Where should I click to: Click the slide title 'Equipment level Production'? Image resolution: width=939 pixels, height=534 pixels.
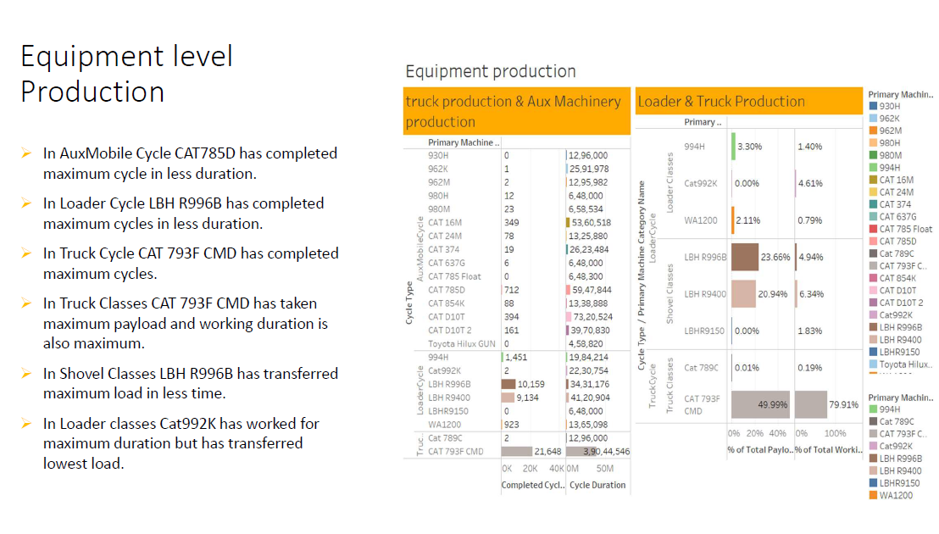(x=126, y=74)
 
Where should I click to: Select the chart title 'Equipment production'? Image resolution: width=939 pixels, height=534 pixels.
(x=490, y=71)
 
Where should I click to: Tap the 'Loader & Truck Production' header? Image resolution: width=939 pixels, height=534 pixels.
(x=720, y=102)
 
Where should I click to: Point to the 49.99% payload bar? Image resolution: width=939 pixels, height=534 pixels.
(x=759, y=405)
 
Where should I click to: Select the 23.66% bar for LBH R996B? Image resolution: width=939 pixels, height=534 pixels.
(x=744, y=257)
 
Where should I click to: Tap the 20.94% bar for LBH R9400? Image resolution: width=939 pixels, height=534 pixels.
(x=742, y=294)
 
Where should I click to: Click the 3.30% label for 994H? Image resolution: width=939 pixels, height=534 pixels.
(x=749, y=147)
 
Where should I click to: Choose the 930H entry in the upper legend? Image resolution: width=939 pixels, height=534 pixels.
(x=889, y=106)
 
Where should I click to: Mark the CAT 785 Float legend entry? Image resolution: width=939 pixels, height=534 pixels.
(x=904, y=229)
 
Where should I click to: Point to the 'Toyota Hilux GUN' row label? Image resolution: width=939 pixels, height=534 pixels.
(x=462, y=344)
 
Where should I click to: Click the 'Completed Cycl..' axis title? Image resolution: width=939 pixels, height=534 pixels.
(x=531, y=486)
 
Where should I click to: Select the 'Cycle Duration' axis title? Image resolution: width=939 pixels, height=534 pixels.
(x=597, y=486)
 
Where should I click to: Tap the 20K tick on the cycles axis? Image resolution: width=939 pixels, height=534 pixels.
(x=531, y=468)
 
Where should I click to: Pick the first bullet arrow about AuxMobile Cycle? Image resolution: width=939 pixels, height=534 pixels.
(x=26, y=154)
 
